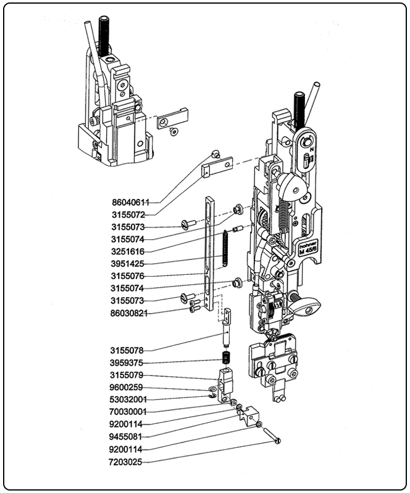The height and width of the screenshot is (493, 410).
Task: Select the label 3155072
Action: [128, 214]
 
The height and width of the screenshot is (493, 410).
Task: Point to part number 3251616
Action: [128, 251]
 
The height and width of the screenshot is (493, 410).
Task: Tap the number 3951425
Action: [128, 264]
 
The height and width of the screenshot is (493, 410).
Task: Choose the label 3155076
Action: [128, 276]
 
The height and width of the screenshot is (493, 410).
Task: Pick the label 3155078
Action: [128, 350]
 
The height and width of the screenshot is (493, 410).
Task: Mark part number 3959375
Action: [128, 362]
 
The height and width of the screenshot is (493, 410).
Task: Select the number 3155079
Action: [128, 375]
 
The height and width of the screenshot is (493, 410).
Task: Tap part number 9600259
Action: [128, 387]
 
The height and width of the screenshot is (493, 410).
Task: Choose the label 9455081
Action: [128, 436]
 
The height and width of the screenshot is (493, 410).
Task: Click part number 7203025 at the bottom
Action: [128, 461]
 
